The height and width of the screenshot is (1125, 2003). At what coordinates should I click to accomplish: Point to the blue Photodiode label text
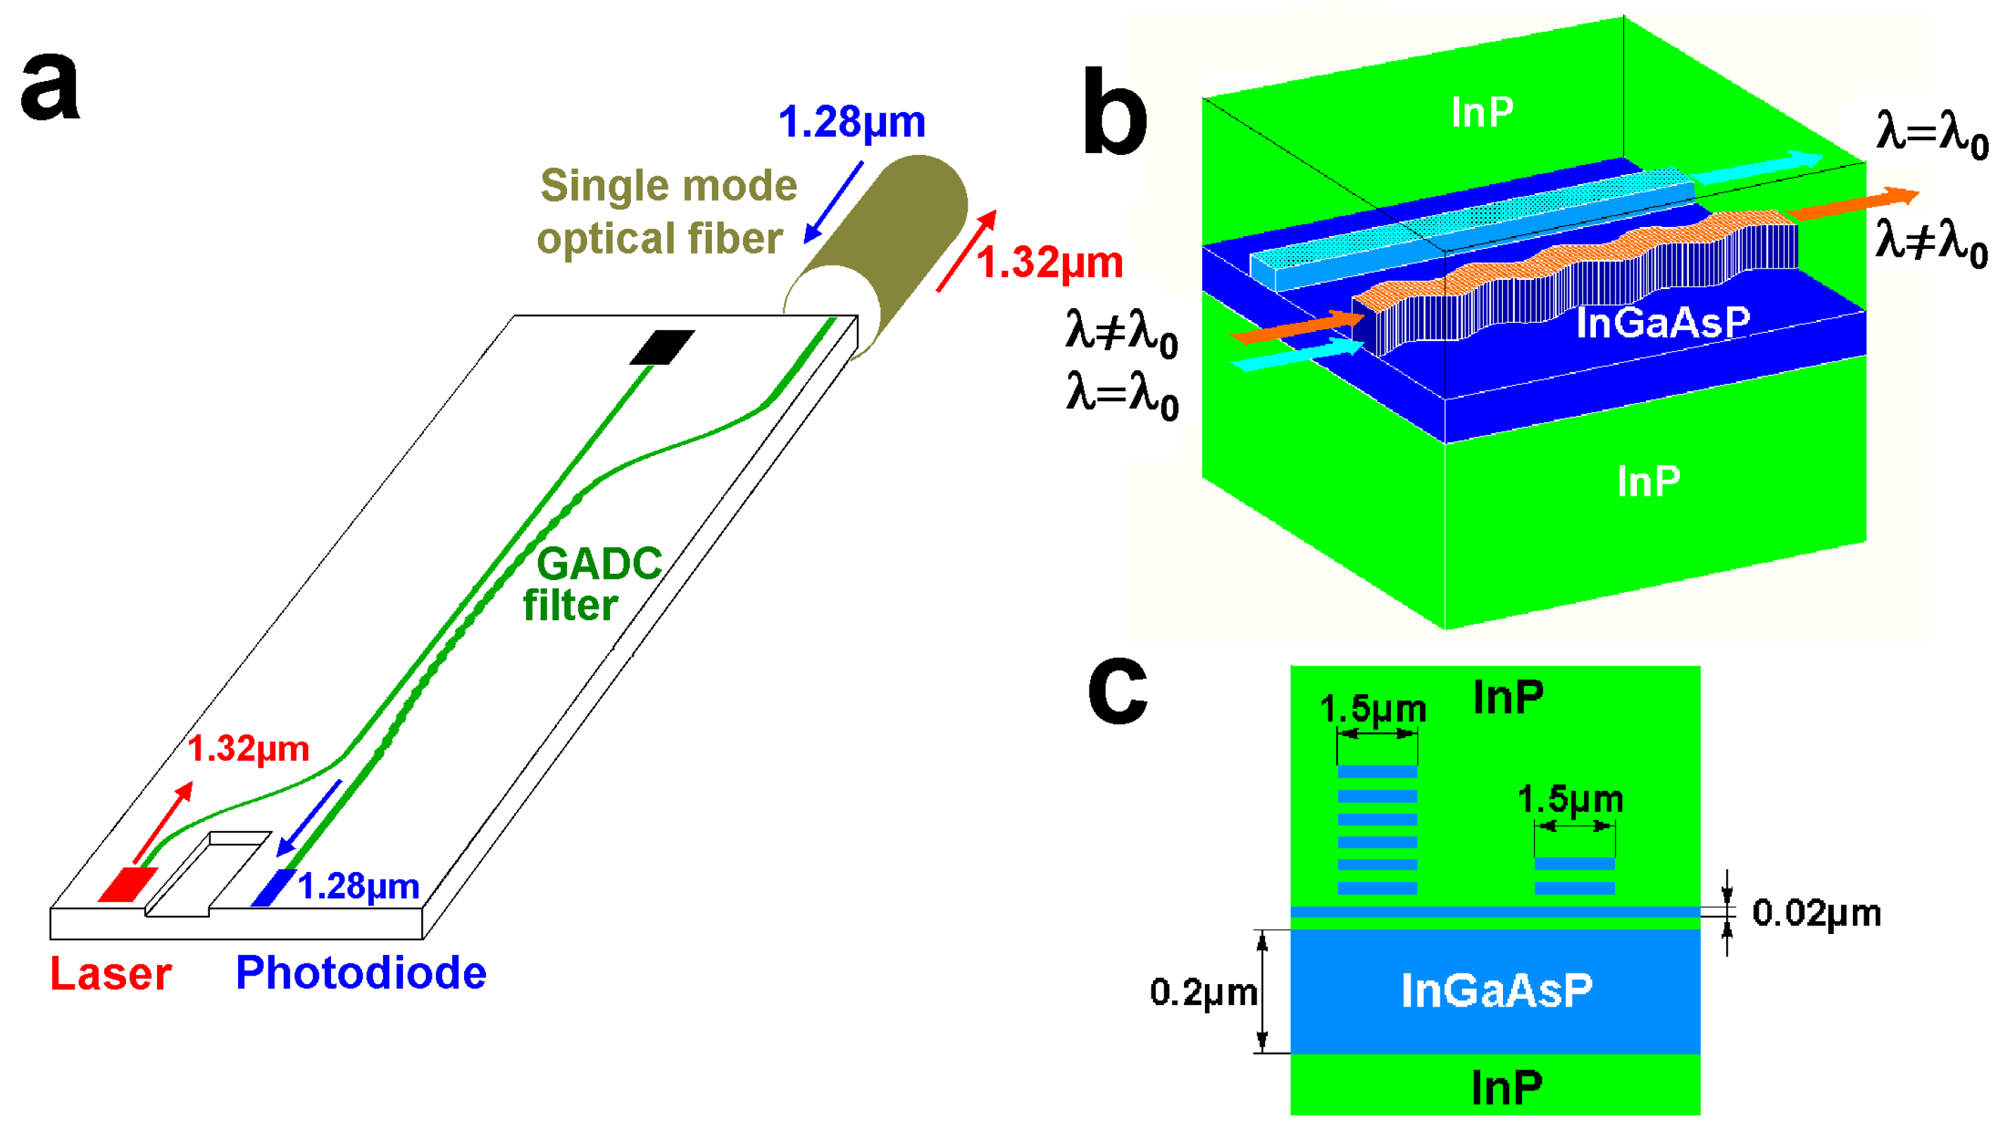click(x=361, y=973)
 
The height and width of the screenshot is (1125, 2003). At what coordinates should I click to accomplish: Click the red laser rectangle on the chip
click(x=127, y=885)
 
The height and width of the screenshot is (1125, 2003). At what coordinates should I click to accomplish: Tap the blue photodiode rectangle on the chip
click(x=273, y=887)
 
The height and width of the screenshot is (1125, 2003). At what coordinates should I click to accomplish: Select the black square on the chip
click(x=662, y=347)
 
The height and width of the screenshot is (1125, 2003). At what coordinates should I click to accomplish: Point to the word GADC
click(x=599, y=563)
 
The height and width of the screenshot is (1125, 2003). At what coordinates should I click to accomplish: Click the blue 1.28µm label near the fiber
click(x=851, y=123)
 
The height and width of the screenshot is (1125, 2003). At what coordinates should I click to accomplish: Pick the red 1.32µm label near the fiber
click(x=1049, y=263)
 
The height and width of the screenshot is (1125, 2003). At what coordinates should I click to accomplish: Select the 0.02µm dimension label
click(x=1816, y=914)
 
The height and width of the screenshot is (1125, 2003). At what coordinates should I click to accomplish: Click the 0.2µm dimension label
click(x=1203, y=992)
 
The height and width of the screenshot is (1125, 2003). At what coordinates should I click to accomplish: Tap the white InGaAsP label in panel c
click(x=1496, y=991)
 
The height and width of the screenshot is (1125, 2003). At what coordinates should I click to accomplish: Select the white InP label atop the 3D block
click(x=1482, y=113)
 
